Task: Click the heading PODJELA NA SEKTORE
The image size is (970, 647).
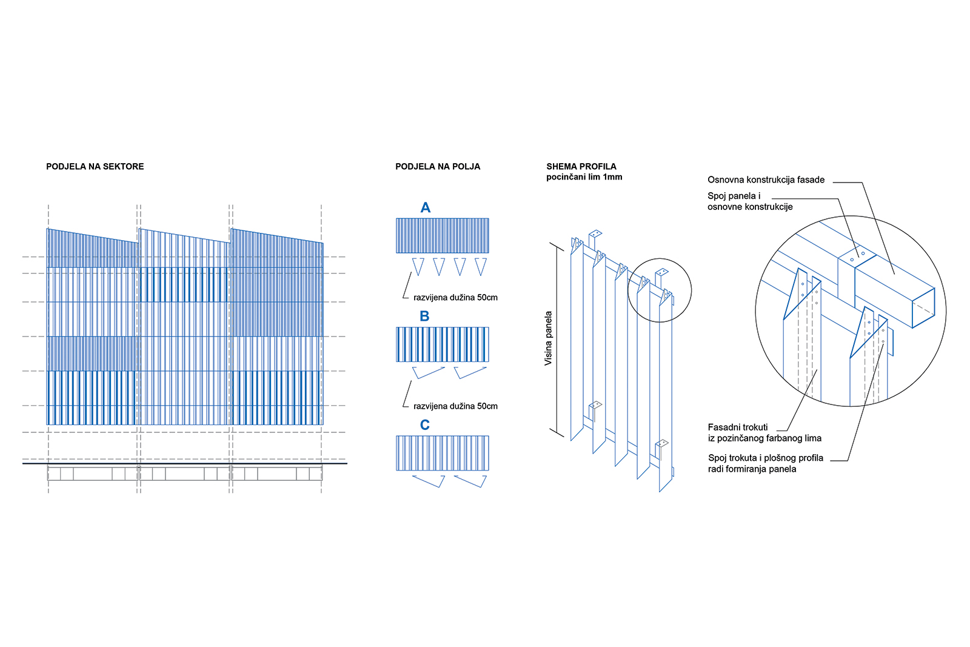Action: click(95, 167)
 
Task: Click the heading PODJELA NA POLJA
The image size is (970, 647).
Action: click(438, 167)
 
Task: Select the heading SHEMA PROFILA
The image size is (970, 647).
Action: click(581, 166)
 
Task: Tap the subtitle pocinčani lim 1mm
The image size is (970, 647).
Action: click(584, 177)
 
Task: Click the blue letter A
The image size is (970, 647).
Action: click(426, 208)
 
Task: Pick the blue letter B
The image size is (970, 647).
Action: click(424, 317)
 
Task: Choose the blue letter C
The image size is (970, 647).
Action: click(425, 425)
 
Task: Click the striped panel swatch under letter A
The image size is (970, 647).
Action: click(443, 236)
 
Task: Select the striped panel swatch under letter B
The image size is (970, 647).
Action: click(443, 344)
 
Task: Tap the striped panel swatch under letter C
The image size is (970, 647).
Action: click(443, 453)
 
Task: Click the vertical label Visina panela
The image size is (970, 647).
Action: click(549, 338)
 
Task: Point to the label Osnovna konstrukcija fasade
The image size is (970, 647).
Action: click(766, 180)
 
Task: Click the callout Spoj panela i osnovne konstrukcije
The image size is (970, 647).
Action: click(750, 201)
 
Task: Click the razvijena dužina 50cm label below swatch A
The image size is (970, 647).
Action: click(455, 298)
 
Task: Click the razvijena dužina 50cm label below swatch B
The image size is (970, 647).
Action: click(455, 406)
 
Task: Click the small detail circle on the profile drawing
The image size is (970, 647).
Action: click(659, 290)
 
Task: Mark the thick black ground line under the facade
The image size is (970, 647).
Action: click(184, 463)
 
